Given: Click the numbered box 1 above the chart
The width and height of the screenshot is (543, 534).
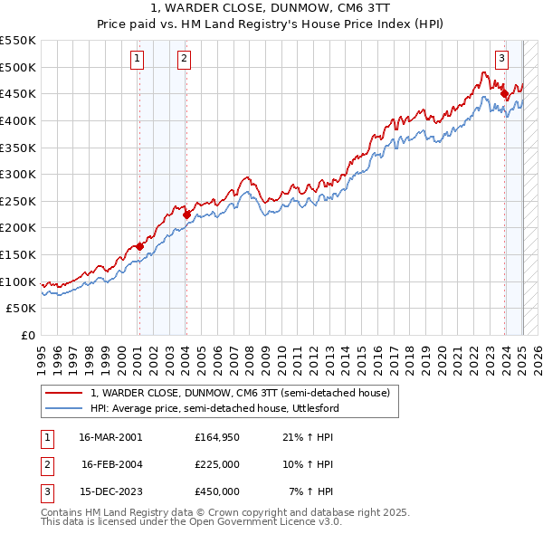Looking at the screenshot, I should click(x=137, y=60).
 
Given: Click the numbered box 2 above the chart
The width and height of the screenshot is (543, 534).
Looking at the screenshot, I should click(x=184, y=60).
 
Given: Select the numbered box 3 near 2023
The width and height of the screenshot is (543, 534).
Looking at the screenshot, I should click(x=501, y=60).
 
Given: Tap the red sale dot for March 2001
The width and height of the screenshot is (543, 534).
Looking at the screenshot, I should click(x=139, y=245).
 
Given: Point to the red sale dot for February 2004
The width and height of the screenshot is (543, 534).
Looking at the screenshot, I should click(x=186, y=215).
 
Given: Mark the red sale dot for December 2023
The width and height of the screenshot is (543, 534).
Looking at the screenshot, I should click(x=504, y=92).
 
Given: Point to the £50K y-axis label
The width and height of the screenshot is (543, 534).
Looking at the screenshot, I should click(x=22, y=308).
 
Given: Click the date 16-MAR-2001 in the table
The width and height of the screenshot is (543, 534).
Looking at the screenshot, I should click(x=110, y=437).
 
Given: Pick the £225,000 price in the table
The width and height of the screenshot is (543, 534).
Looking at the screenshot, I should click(x=217, y=464).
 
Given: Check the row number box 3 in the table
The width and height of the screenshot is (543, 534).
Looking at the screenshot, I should click(x=45, y=491).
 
